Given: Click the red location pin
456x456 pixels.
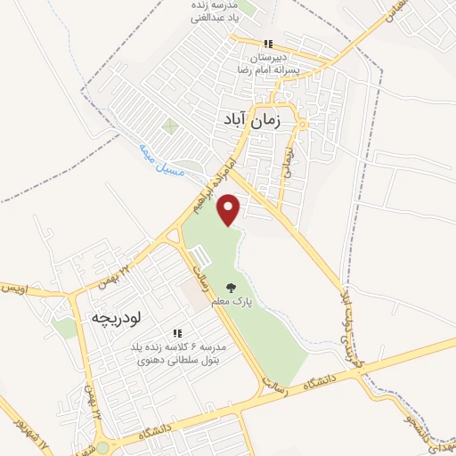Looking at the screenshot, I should coord(231,209).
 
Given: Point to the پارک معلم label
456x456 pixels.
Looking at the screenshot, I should coord(232,302).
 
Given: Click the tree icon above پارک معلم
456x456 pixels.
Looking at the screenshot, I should coord(232,288).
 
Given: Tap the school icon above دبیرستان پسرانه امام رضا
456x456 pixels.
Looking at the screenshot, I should coord(266,45).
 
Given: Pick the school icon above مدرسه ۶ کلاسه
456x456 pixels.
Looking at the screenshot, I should coord(177,332).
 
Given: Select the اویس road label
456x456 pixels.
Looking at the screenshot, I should coord(18,289).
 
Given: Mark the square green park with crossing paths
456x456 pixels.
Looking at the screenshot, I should coord(169,126).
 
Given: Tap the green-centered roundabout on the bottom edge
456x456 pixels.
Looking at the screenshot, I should coord(103,448).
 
